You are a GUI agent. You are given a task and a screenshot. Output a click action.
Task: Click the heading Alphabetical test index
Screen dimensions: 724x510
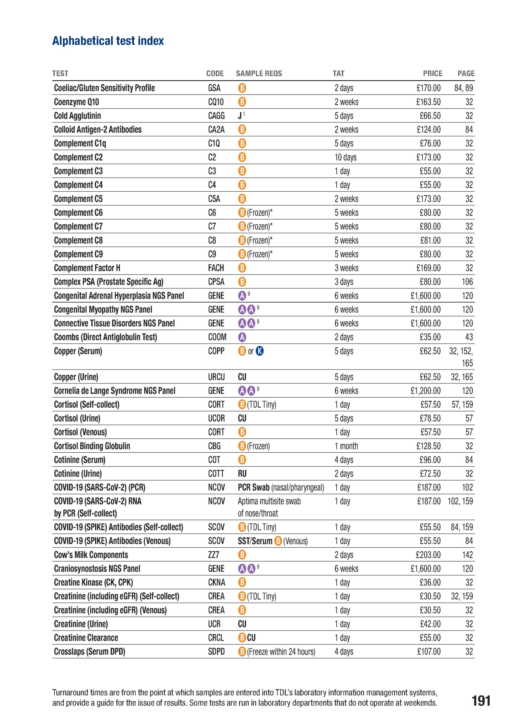[108, 41]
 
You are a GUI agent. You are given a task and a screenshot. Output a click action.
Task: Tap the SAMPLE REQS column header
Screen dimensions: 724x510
[259, 74]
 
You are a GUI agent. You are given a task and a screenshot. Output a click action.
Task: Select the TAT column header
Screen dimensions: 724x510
[338, 74]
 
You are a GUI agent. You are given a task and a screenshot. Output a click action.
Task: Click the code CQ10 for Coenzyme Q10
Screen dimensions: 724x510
[216, 102]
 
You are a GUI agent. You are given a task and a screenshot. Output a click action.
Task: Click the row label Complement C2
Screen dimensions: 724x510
[78, 157]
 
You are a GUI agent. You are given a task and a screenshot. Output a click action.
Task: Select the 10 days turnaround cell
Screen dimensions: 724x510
[345, 157]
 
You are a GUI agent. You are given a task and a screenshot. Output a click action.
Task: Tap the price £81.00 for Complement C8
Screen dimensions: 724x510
[430, 241]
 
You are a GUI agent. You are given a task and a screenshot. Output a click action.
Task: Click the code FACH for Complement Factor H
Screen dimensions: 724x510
[216, 268]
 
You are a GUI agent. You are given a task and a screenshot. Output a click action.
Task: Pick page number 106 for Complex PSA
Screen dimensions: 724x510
[467, 282]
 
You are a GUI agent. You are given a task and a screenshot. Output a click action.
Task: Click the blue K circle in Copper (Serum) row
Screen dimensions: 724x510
[260, 351]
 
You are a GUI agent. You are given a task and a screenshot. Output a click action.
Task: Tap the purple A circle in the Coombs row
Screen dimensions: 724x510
[242, 337]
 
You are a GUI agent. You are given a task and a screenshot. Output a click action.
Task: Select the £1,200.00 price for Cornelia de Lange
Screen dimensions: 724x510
[425, 391]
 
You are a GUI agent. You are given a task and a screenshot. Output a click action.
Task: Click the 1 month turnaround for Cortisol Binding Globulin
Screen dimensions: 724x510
[346, 446]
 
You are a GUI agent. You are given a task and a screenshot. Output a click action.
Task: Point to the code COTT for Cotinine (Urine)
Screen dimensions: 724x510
[216, 474]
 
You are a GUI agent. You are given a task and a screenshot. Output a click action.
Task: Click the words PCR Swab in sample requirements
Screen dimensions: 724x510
[254, 488]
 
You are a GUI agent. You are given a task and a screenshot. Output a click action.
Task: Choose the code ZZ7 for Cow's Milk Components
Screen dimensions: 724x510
[214, 555]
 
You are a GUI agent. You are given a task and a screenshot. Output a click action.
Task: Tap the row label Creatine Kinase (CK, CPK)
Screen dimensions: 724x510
[93, 583]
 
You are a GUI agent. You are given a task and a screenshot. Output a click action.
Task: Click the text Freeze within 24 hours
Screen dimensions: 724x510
[281, 652]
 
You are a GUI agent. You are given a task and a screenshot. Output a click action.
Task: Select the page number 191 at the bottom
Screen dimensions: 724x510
[481, 701]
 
